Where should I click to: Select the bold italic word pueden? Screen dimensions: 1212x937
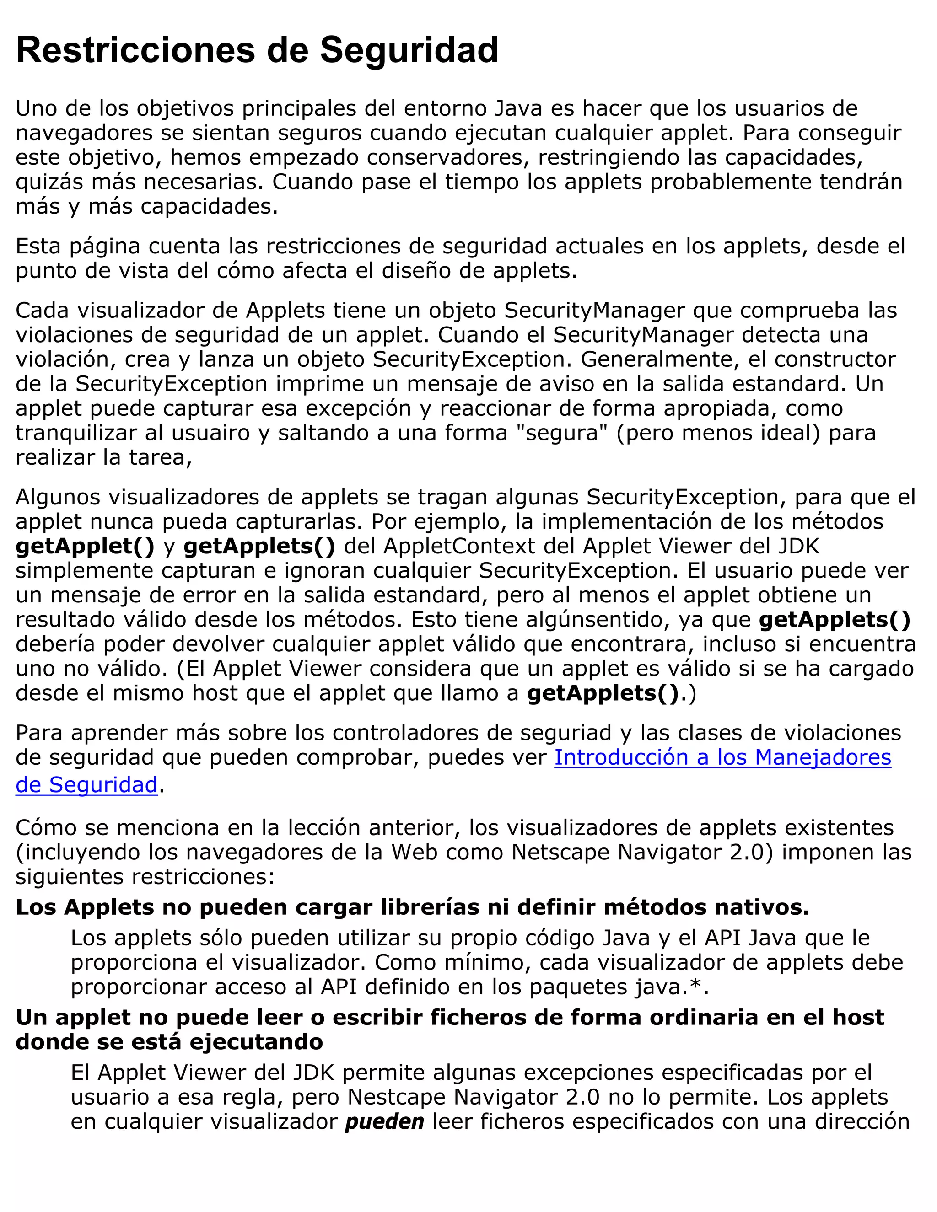point(384,1121)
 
